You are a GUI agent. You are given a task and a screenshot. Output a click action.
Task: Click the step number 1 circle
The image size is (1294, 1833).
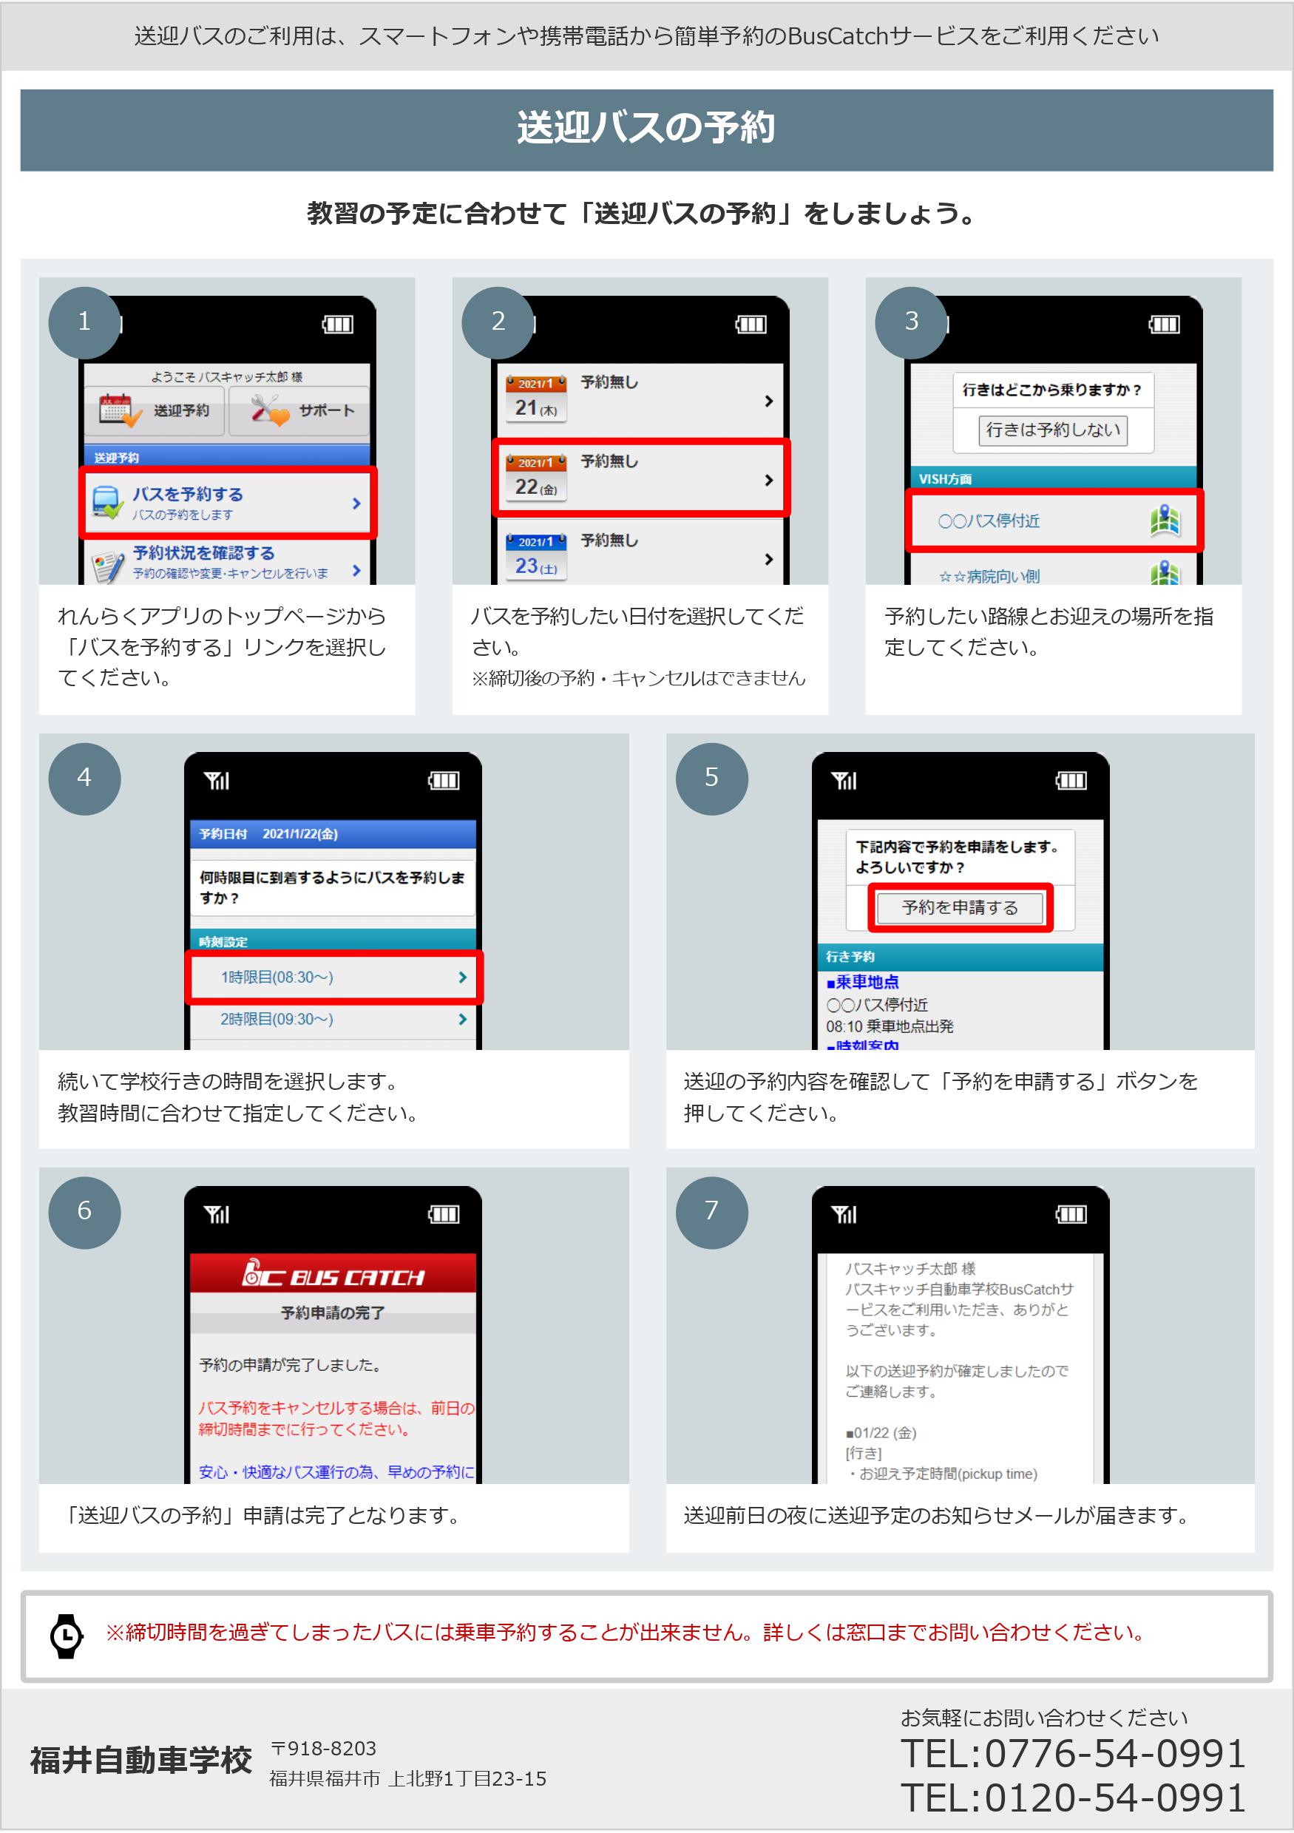tap(84, 322)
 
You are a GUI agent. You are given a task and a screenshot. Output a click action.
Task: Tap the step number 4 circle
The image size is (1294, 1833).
tap(84, 779)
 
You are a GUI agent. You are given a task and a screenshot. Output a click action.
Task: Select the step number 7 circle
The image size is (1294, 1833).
tap(711, 1212)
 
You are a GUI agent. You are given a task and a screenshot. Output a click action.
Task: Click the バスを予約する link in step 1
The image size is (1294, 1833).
tap(228, 503)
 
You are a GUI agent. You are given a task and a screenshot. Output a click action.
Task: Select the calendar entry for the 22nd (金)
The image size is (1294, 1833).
tap(640, 478)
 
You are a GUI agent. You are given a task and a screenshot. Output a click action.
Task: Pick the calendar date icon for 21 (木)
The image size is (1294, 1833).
tap(535, 398)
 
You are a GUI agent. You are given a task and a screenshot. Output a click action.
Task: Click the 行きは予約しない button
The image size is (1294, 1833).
tap(1053, 430)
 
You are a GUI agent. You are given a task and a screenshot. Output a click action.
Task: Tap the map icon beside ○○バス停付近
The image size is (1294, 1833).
tap(1165, 521)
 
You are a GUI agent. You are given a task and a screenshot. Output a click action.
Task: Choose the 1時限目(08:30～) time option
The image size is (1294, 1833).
tap(333, 978)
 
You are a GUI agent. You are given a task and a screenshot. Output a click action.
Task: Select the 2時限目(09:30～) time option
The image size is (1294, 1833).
tap(333, 1020)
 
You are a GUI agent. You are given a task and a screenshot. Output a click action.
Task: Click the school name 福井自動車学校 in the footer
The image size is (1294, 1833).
tap(141, 1761)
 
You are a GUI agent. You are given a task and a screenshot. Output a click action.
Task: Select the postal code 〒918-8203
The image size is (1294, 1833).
tap(323, 1749)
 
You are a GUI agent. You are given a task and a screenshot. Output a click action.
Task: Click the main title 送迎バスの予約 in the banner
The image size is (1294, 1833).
tap(646, 128)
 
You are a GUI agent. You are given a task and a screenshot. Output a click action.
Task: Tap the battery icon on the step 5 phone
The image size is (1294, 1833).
tap(1071, 780)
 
